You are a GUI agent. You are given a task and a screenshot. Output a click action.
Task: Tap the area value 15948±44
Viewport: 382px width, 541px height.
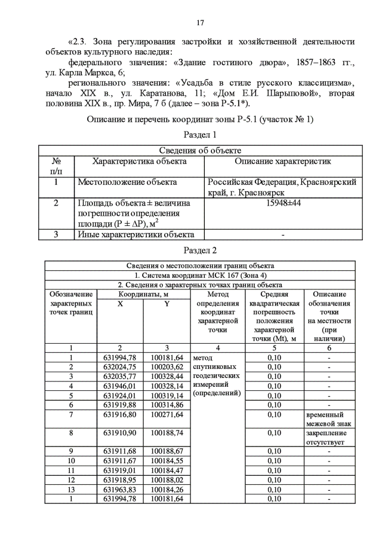282,203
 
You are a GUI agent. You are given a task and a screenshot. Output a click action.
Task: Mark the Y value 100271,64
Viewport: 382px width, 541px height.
167,413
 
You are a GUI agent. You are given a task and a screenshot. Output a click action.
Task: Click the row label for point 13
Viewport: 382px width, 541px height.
70,488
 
